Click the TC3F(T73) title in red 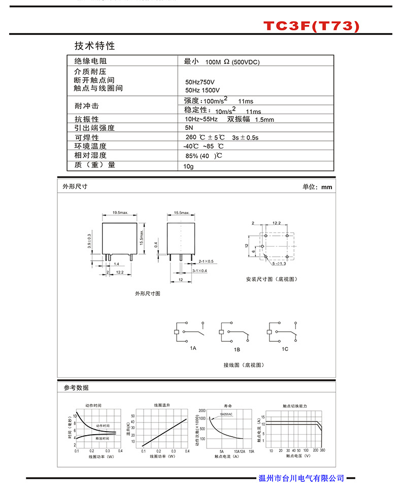311,26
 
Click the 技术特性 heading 95,46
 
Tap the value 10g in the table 189,166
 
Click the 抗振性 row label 87,119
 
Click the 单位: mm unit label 317,187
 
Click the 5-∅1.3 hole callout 279,264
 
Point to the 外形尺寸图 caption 148,294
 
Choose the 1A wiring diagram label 193,349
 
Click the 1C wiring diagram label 285,349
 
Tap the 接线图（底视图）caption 244,365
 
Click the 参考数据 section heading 76,388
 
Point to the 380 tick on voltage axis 323,450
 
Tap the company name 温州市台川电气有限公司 302,478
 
